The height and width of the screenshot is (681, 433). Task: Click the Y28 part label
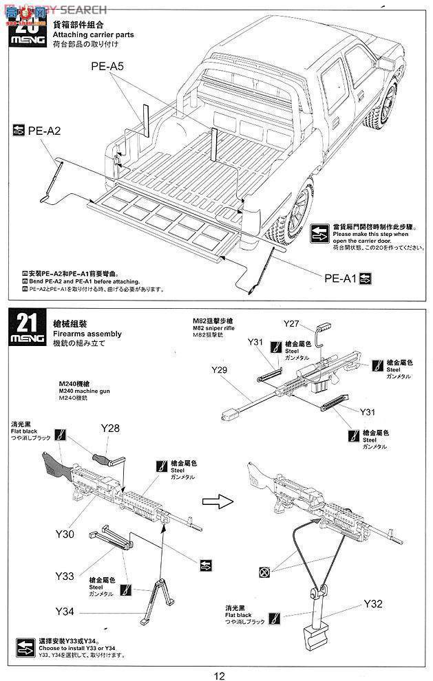tap(110, 429)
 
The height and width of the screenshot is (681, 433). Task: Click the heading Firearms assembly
tap(87, 334)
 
